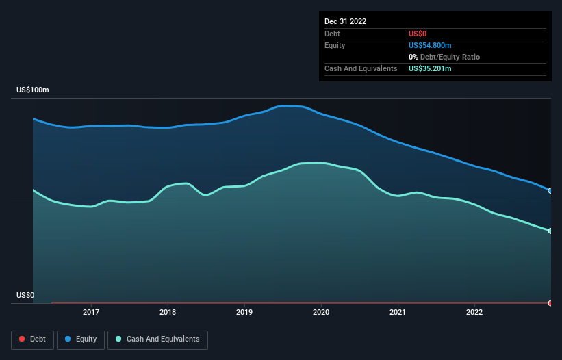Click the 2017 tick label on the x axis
click(x=90, y=313)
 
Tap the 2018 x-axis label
click(x=167, y=313)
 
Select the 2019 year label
click(x=244, y=313)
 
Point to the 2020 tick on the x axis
click(x=320, y=313)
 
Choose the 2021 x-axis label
click(x=397, y=313)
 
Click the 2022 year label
click(x=474, y=313)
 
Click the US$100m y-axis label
click(x=33, y=90)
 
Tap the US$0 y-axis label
click(x=25, y=296)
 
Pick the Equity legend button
click(x=81, y=339)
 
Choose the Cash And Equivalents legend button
click(x=157, y=339)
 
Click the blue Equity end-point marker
click(x=550, y=191)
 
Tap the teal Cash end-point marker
click(x=550, y=231)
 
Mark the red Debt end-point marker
click(x=550, y=303)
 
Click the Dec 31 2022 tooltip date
click(x=345, y=21)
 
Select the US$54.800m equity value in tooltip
click(x=430, y=45)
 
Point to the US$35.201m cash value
click(x=430, y=69)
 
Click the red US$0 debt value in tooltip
click(x=418, y=34)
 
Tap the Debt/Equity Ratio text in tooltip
click(x=448, y=57)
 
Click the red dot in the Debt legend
click(x=22, y=339)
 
